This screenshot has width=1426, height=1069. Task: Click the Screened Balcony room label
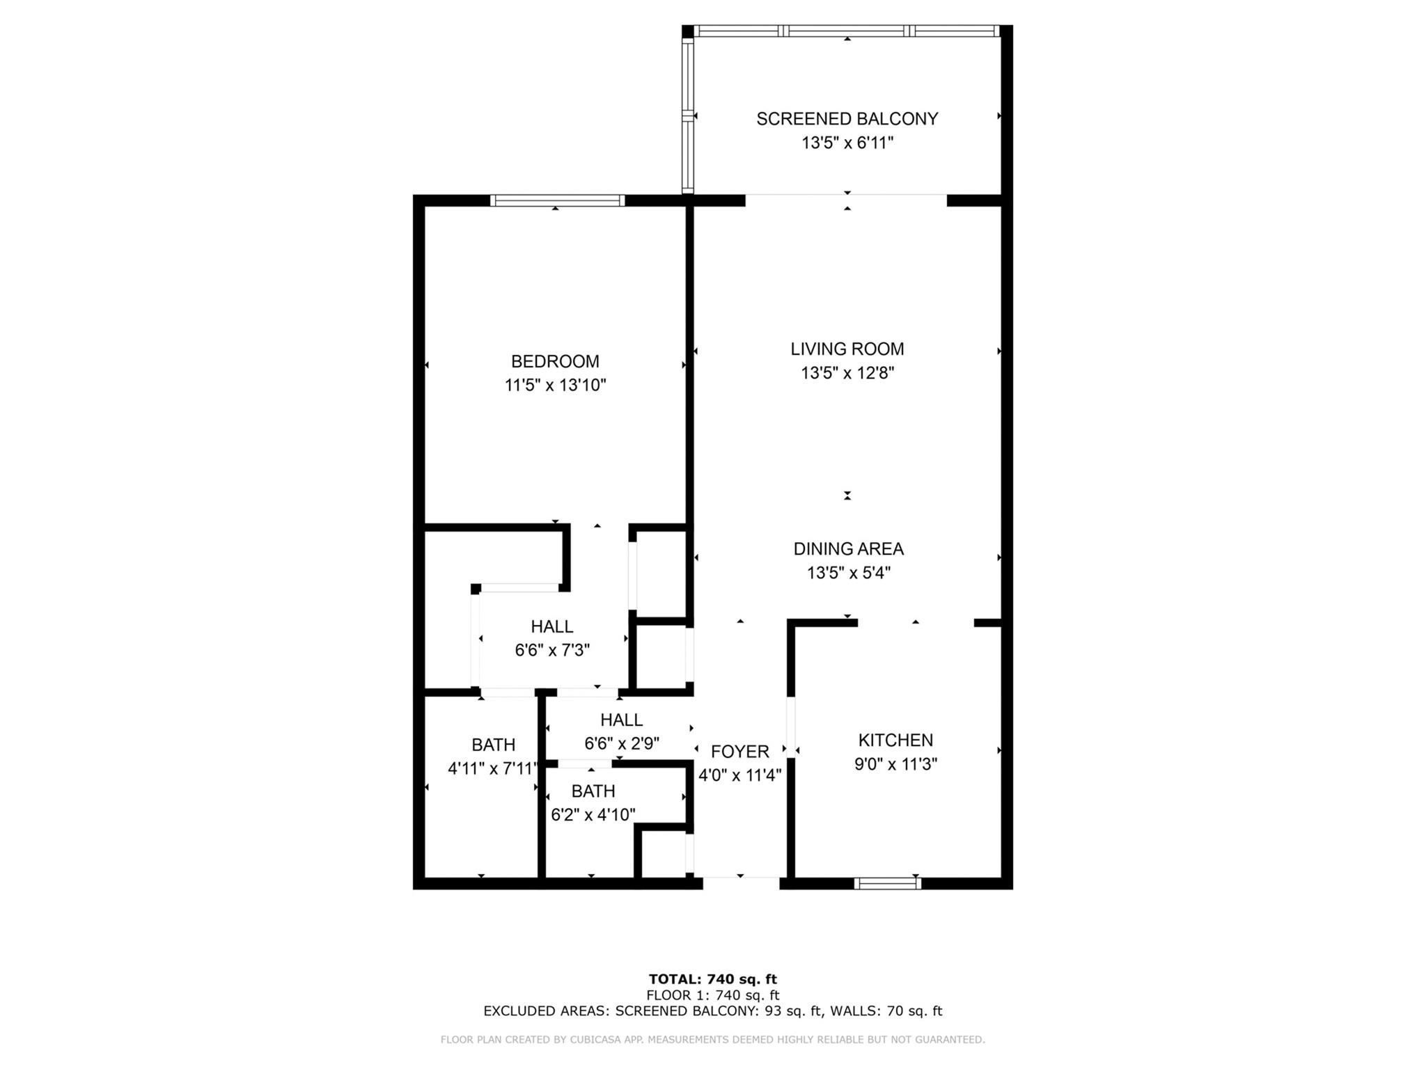coord(847,119)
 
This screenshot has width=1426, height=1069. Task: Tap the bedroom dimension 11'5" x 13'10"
coord(556,386)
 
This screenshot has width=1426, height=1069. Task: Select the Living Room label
coord(847,349)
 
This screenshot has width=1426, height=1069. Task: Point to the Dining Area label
coord(849,549)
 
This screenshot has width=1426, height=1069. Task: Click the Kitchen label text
coord(895,741)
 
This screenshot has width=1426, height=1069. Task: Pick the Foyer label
coord(740,752)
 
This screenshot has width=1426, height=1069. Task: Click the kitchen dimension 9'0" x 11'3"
coord(895,764)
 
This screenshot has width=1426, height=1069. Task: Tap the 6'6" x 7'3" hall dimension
coord(552,651)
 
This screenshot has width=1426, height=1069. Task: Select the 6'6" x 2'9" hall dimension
coord(622,744)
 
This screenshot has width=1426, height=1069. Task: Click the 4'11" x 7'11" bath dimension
coord(494,769)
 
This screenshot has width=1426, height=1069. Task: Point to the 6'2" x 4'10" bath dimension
coord(593,815)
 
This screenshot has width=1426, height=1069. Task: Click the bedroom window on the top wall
coord(557,200)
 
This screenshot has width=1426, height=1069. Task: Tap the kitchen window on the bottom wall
coord(888,883)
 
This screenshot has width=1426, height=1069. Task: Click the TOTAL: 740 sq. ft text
coord(713,980)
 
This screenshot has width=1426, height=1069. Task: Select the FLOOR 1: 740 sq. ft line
coord(713,995)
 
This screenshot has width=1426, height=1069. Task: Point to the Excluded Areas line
coord(713,1011)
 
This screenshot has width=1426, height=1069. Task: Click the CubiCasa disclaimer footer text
coord(713,1040)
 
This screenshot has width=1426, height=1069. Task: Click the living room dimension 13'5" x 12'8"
coord(847,374)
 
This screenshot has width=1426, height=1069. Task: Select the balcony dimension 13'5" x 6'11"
coord(847,143)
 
